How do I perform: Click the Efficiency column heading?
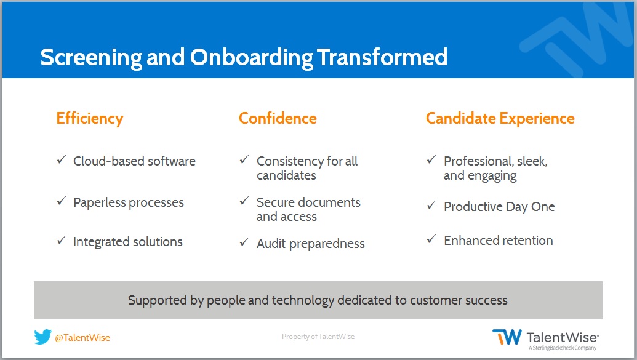(x=90, y=119)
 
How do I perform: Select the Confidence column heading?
(x=278, y=118)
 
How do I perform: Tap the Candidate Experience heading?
(x=500, y=119)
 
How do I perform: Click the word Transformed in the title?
(x=382, y=57)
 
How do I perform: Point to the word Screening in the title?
(x=92, y=58)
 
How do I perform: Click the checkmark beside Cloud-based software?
(x=62, y=159)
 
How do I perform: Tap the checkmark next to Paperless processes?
(x=62, y=201)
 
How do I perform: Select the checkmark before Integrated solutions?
(x=62, y=240)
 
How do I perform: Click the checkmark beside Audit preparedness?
(x=244, y=242)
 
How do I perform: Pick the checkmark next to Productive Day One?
(x=431, y=205)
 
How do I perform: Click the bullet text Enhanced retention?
(x=499, y=241)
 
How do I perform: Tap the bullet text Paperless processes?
(x=129, y=202)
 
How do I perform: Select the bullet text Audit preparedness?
(x=311, y=244)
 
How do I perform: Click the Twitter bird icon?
(x=42, y=337)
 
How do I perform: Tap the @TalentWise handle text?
(x=82, y=338)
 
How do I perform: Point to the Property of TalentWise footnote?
(x=318, y=337)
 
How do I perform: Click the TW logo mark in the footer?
(x=507, y=337)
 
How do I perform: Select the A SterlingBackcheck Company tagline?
(x=563, y=348)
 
